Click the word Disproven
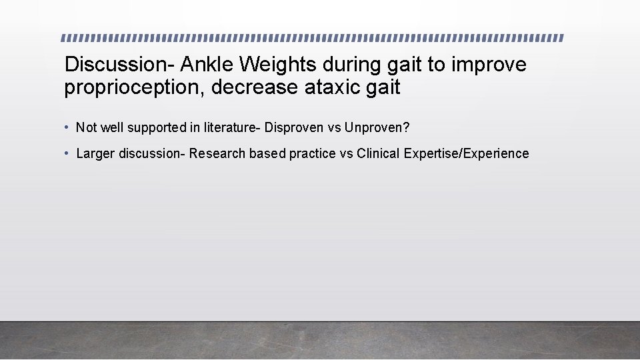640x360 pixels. point(293,127)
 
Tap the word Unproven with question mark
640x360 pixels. point(377,127)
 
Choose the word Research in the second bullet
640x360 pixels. point(217,154)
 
